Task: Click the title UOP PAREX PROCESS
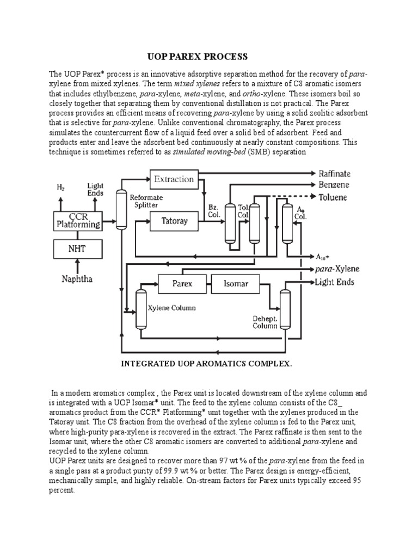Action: click(198, 57)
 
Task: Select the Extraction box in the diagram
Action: click(174, 179)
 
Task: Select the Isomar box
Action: click(236, 283)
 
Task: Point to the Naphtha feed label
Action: click(77, 279)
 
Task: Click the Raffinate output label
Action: click(334, 174)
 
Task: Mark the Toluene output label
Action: click(333, 197)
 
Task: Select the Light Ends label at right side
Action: click(334, 282)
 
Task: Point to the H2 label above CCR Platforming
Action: click(60, 187)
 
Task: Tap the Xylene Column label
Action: click(171, 308)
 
